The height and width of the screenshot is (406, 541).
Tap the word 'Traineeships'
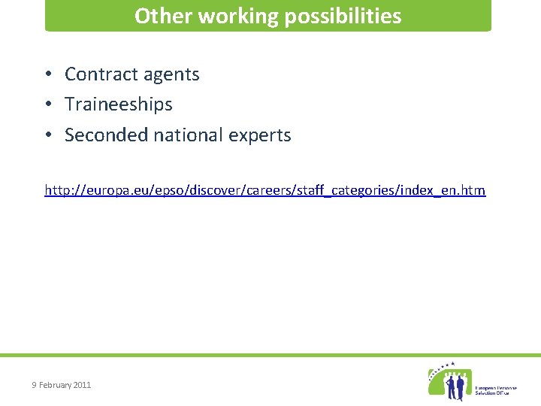pyautogui.click(x=119, y=105)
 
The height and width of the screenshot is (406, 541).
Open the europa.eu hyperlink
pyautogui.click(x=265, y=190)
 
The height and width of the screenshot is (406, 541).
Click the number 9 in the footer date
pyautogui.click(x=34, y=385)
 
